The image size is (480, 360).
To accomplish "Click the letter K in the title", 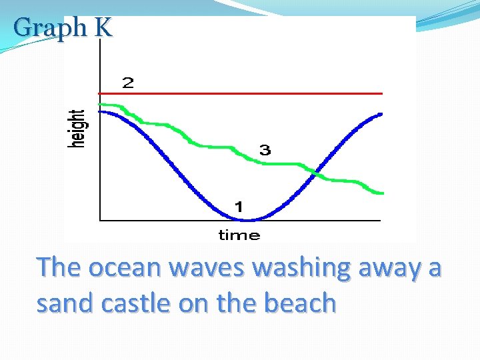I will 103,28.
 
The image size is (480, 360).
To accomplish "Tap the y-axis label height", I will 78,129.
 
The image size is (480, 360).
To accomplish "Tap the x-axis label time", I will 239,235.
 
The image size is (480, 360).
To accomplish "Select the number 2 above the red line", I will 127,83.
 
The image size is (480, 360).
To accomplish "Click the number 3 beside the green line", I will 265,150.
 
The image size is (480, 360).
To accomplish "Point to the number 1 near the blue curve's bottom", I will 238,207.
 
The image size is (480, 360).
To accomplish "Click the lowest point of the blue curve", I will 248,219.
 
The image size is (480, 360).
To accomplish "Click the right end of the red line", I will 382,93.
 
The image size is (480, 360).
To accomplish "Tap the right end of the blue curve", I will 381,114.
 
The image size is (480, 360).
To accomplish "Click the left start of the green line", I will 100,105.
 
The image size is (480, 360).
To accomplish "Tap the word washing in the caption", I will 303,267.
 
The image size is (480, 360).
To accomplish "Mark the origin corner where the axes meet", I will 99,219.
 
